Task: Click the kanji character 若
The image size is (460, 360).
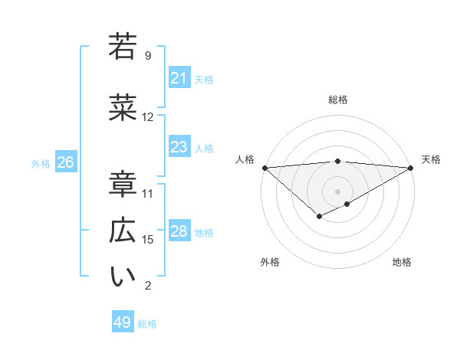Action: pos(123,46)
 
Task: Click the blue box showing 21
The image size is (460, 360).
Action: pos(179,78)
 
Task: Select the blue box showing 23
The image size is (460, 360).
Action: pos(179,147)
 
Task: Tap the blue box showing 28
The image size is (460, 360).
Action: pos(179,231)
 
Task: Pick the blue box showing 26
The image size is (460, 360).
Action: pos(65,162)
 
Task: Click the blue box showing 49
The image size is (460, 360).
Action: pos(123,322)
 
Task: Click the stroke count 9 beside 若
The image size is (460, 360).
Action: pos(148,56)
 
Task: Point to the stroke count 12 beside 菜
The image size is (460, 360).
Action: pos(148,117)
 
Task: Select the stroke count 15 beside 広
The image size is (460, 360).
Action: pos(148,240)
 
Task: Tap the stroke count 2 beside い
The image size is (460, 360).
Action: pos(148,286)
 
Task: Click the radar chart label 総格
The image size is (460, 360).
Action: pos(337,100)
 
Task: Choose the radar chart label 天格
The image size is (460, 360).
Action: pos(431,159)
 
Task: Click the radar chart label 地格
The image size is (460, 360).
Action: pos(402,262)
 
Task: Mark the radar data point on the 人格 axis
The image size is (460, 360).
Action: pos(264,167)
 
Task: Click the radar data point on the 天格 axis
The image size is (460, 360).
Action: pos(410,167)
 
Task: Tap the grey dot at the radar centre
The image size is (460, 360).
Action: pos(337,191)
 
